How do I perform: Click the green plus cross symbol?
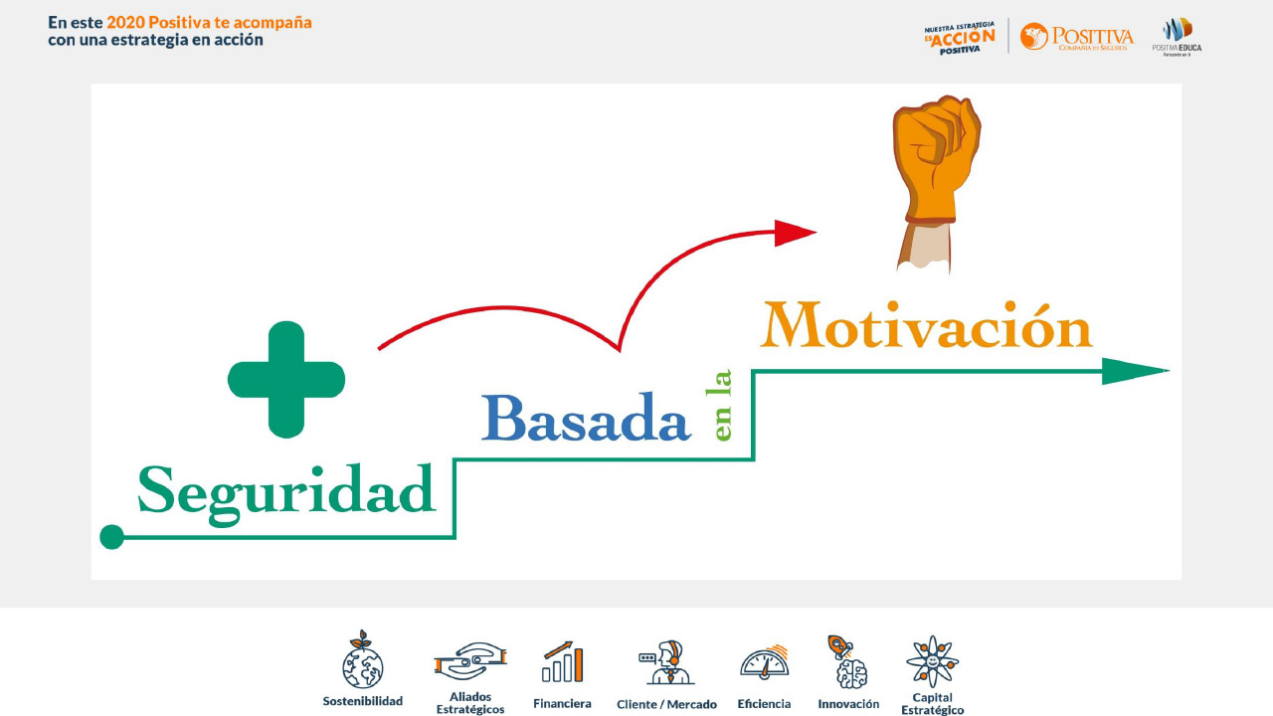286,380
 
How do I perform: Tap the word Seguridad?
286,491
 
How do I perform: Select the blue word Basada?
586,419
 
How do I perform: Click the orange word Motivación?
926,325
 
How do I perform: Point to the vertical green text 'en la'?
723,405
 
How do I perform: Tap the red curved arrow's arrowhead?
795,233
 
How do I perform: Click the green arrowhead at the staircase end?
1134,371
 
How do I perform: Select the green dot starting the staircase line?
112,537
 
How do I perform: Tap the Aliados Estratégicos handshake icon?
470,660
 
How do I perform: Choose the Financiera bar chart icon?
562,662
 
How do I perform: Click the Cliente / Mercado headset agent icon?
666,662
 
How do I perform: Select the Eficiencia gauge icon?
764,661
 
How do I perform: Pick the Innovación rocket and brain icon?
847,662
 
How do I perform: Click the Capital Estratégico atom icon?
932,661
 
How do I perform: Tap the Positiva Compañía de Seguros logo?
1076,37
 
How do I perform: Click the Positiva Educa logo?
1177,36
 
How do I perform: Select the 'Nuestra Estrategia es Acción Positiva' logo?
960,38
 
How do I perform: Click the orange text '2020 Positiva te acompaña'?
209,22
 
